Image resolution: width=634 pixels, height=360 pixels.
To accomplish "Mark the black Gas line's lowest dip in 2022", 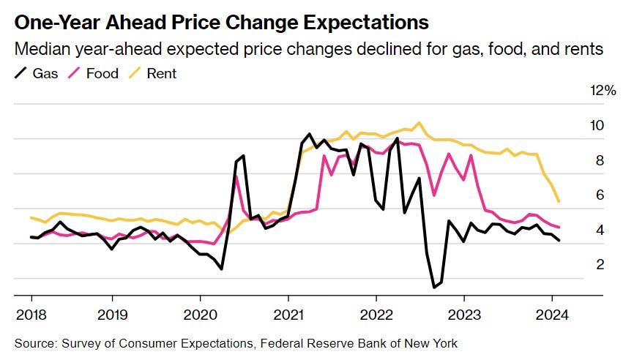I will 434,287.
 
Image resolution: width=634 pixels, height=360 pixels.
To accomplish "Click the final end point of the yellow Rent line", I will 559,201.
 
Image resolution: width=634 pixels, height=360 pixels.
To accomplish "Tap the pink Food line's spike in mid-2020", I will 236,176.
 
